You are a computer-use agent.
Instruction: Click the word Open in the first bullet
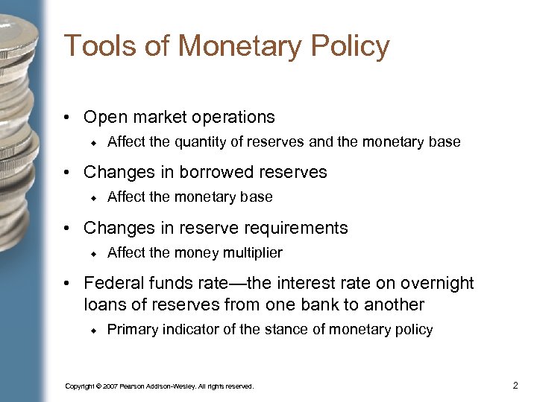[x=104, y=118]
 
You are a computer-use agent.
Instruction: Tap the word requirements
[x=298, y=228]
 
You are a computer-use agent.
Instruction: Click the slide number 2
[x=515, y=386]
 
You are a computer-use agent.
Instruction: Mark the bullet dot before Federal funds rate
[x=67, y=284]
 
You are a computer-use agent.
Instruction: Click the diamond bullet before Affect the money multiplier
[x=95, y=253]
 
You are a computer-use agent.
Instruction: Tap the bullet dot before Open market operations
[x=67, y=118]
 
